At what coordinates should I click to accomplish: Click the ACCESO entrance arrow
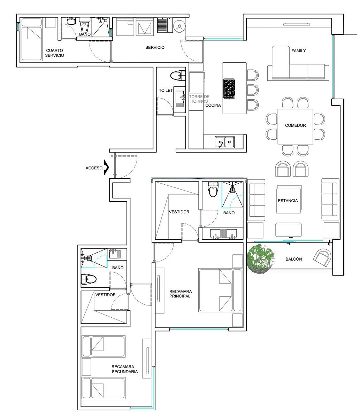pos(106,168)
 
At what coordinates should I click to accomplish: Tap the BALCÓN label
pos(294,259)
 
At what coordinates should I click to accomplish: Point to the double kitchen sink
pos(225,142)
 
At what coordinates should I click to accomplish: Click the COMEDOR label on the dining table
pos(295,125)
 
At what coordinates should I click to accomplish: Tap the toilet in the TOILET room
pos(178,76)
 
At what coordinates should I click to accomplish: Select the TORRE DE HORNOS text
pos(199,99)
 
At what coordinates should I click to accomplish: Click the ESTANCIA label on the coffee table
pos(288,201)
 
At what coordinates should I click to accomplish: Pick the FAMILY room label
pos(298,51)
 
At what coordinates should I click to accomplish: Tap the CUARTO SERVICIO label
pos(54,53)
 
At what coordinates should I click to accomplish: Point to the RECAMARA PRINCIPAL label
pos(181,294)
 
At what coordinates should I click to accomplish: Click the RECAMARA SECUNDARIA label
pos(125,369)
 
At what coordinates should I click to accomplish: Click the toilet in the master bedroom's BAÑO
pos(213,189)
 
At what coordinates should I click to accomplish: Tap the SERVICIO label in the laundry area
pos(155,47)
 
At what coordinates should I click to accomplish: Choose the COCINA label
pos(213,105)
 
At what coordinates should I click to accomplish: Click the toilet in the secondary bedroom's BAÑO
pos(89,279)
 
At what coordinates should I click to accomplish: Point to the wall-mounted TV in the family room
pos(297,24)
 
